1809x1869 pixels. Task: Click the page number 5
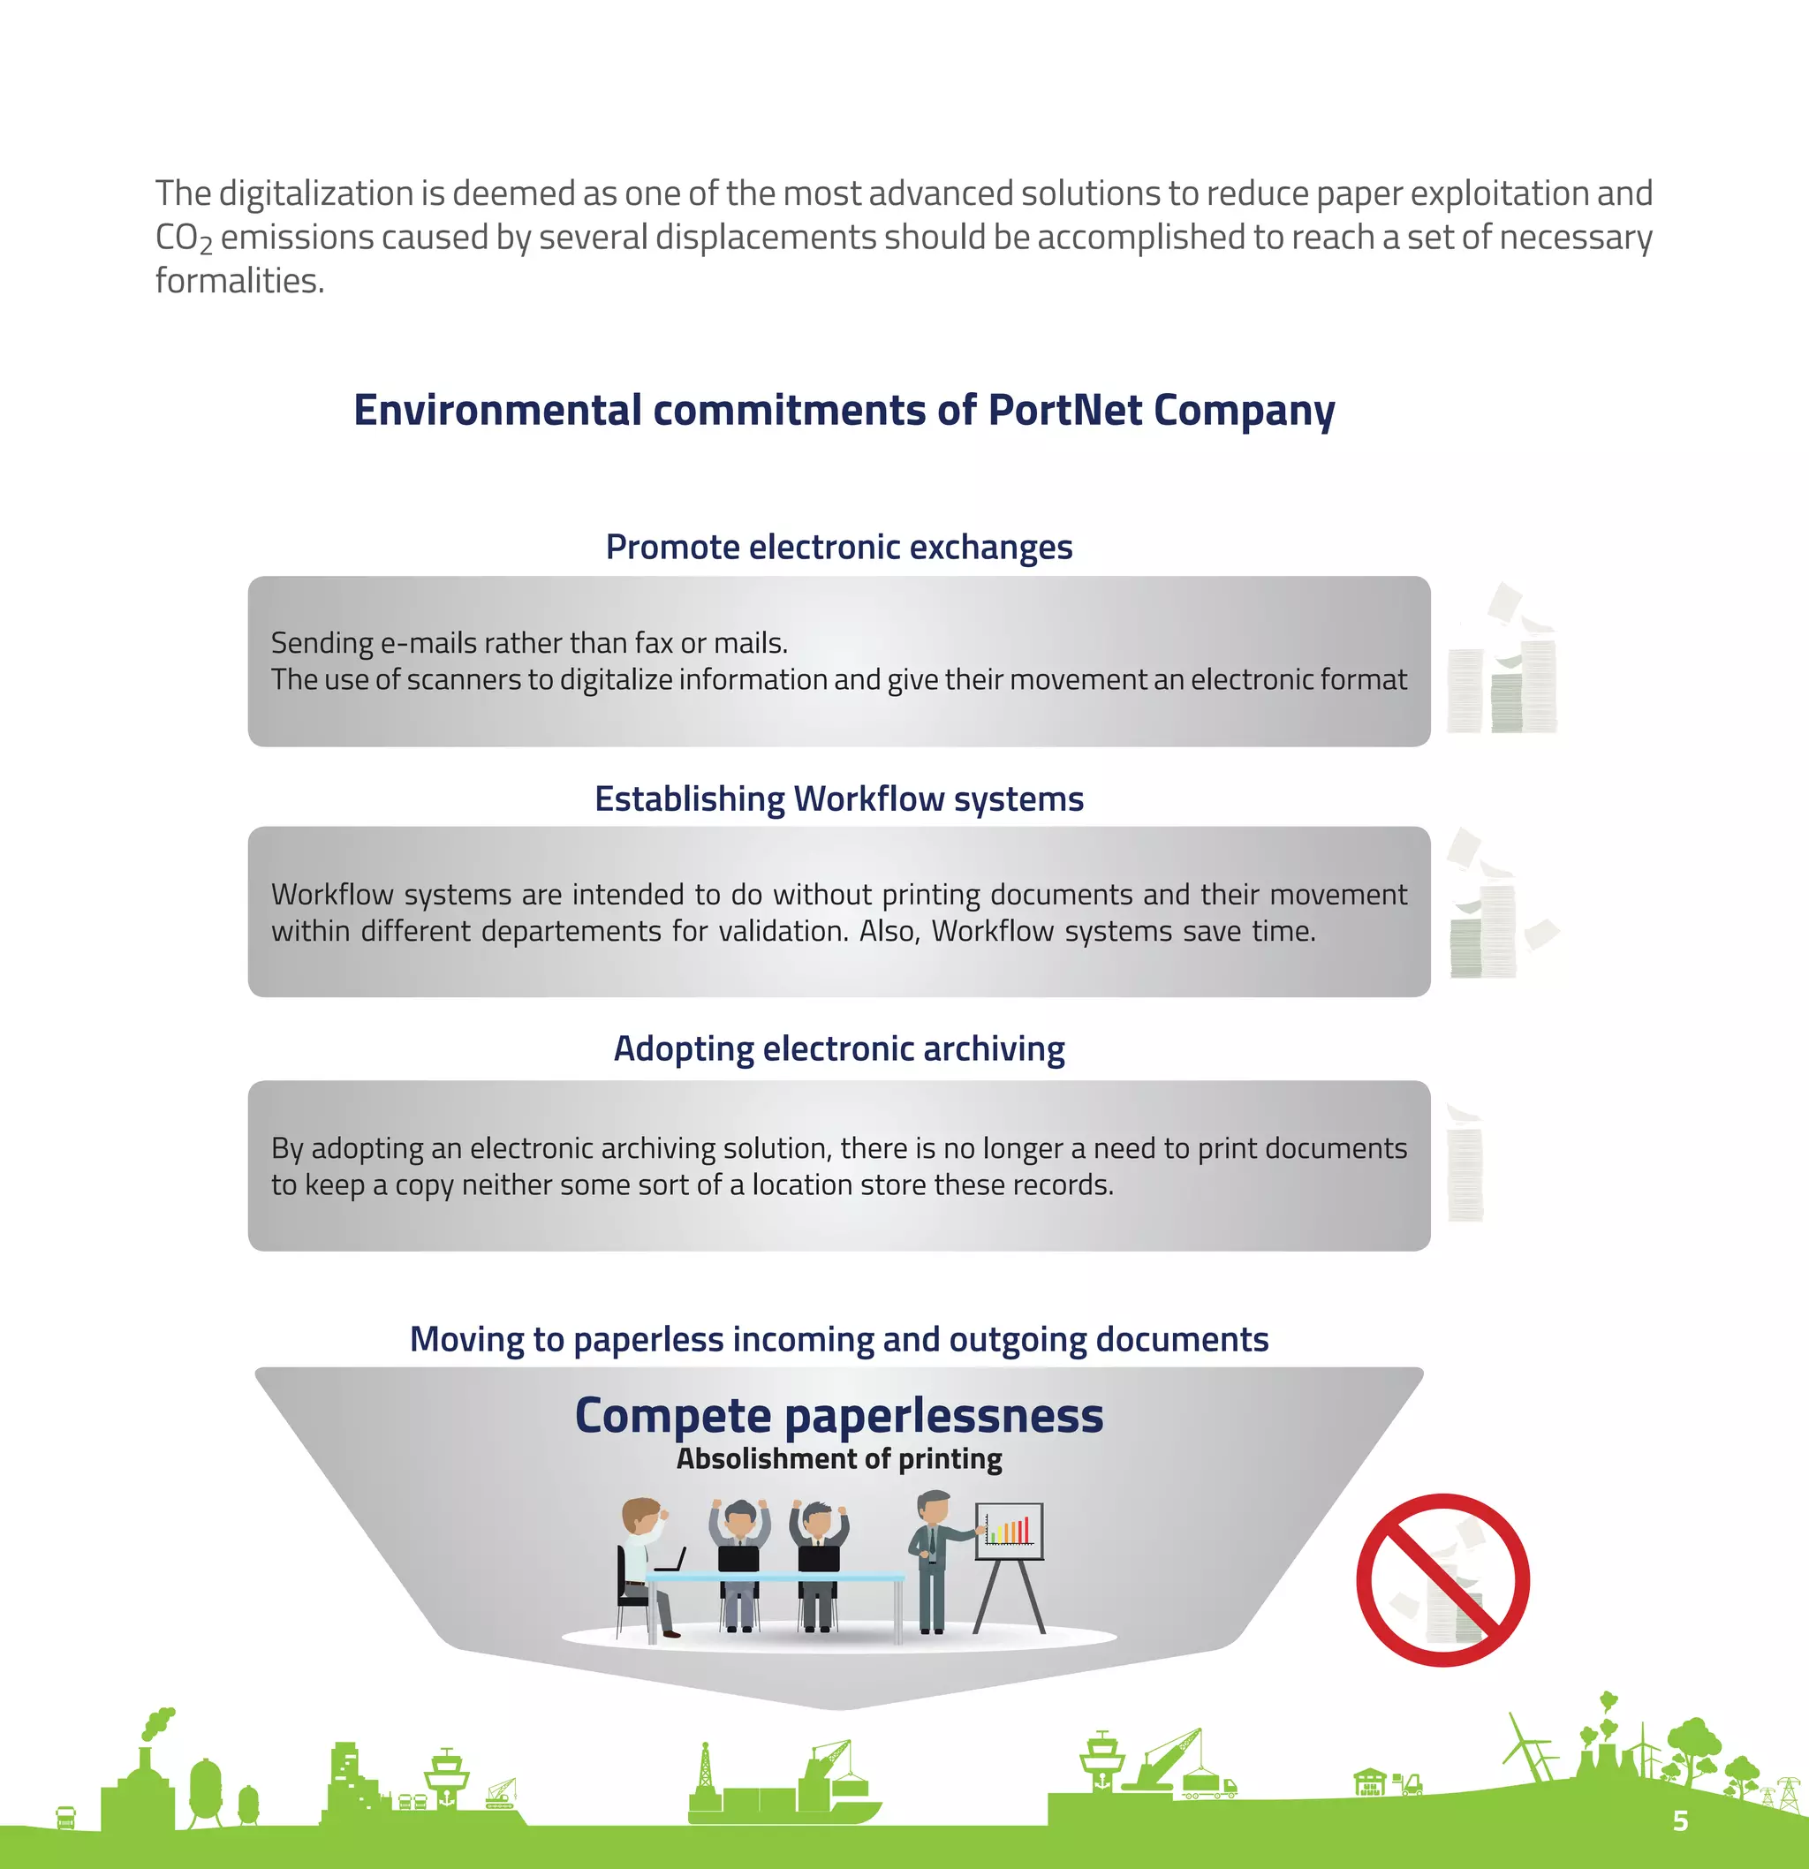(1680, 1820)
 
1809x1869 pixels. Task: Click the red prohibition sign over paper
(1442, 1579)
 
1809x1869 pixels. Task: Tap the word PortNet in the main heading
(1064, 410)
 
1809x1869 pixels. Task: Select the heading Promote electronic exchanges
(838, 548)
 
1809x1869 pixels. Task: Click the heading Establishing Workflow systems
(838, 799)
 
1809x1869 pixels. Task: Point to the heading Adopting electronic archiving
(838, 1049)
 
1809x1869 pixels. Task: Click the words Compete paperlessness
(838, 1415)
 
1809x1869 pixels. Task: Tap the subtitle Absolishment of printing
(838, 1459)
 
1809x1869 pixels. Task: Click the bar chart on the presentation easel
(1009, 1530)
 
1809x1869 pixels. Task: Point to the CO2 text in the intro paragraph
(183, 238)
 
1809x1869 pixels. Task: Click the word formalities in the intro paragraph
(239, 281)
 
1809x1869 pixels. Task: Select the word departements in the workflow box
(571, 932)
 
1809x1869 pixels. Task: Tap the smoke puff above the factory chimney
(158, 1721)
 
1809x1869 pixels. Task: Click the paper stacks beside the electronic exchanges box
(1502, 668)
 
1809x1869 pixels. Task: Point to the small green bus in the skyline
(64, 1819)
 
